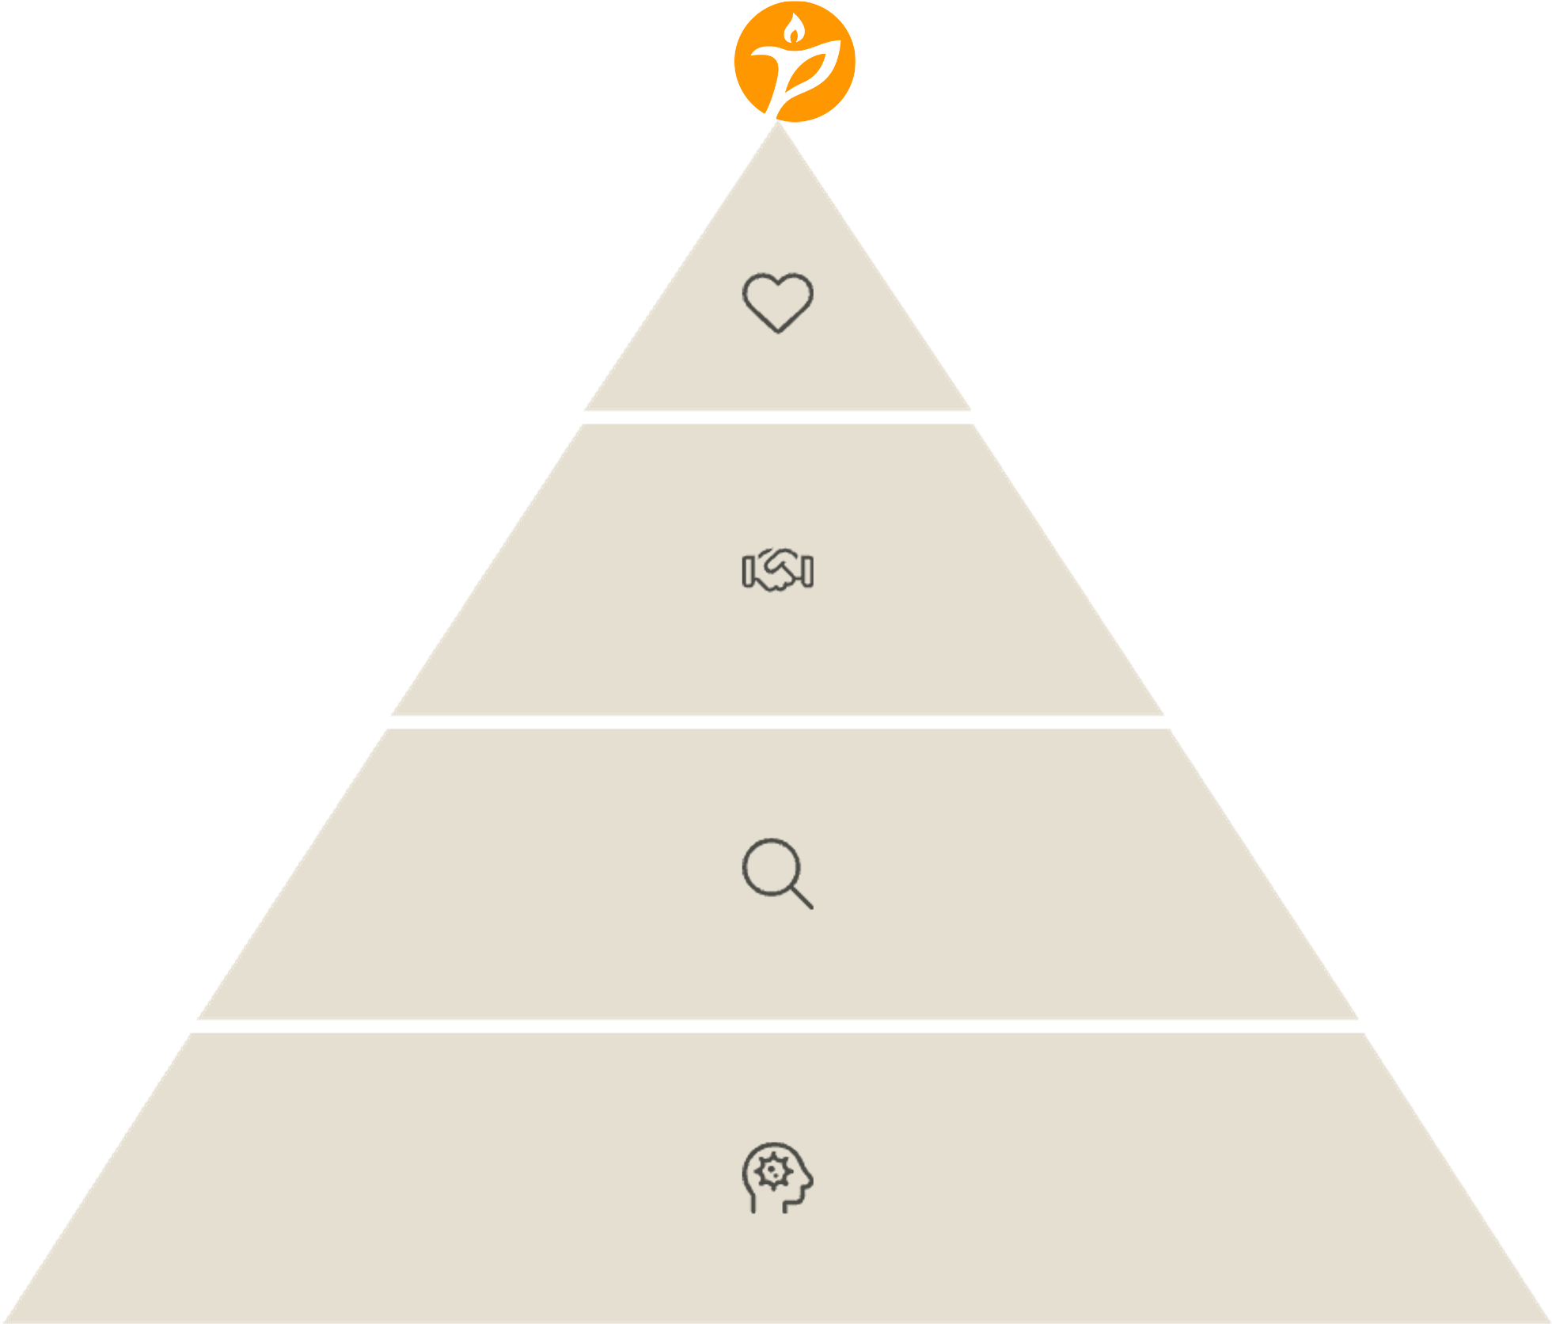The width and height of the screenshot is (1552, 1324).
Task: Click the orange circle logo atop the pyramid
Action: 795,62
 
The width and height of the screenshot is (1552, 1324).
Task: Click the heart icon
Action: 777,302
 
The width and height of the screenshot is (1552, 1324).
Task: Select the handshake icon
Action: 777,570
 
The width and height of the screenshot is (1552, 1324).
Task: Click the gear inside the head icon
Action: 772,1170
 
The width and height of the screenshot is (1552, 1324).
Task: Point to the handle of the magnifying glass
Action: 802,898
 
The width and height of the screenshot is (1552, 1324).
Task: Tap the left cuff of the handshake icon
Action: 746,571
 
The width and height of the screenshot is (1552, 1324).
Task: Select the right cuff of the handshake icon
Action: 808,571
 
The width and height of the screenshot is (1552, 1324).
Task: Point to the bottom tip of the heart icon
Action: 778,331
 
